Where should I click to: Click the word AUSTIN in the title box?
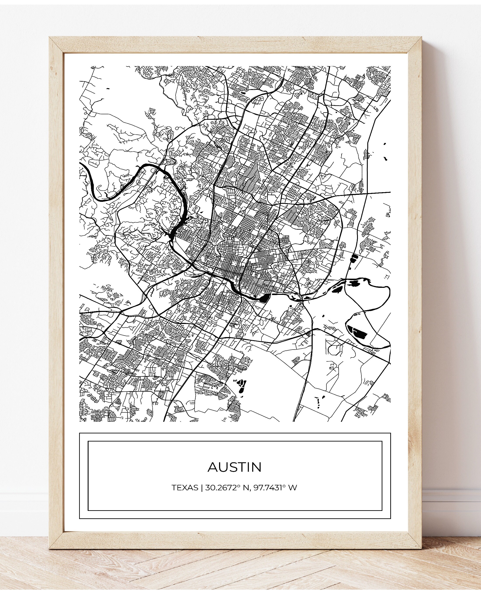click(234, 467)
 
